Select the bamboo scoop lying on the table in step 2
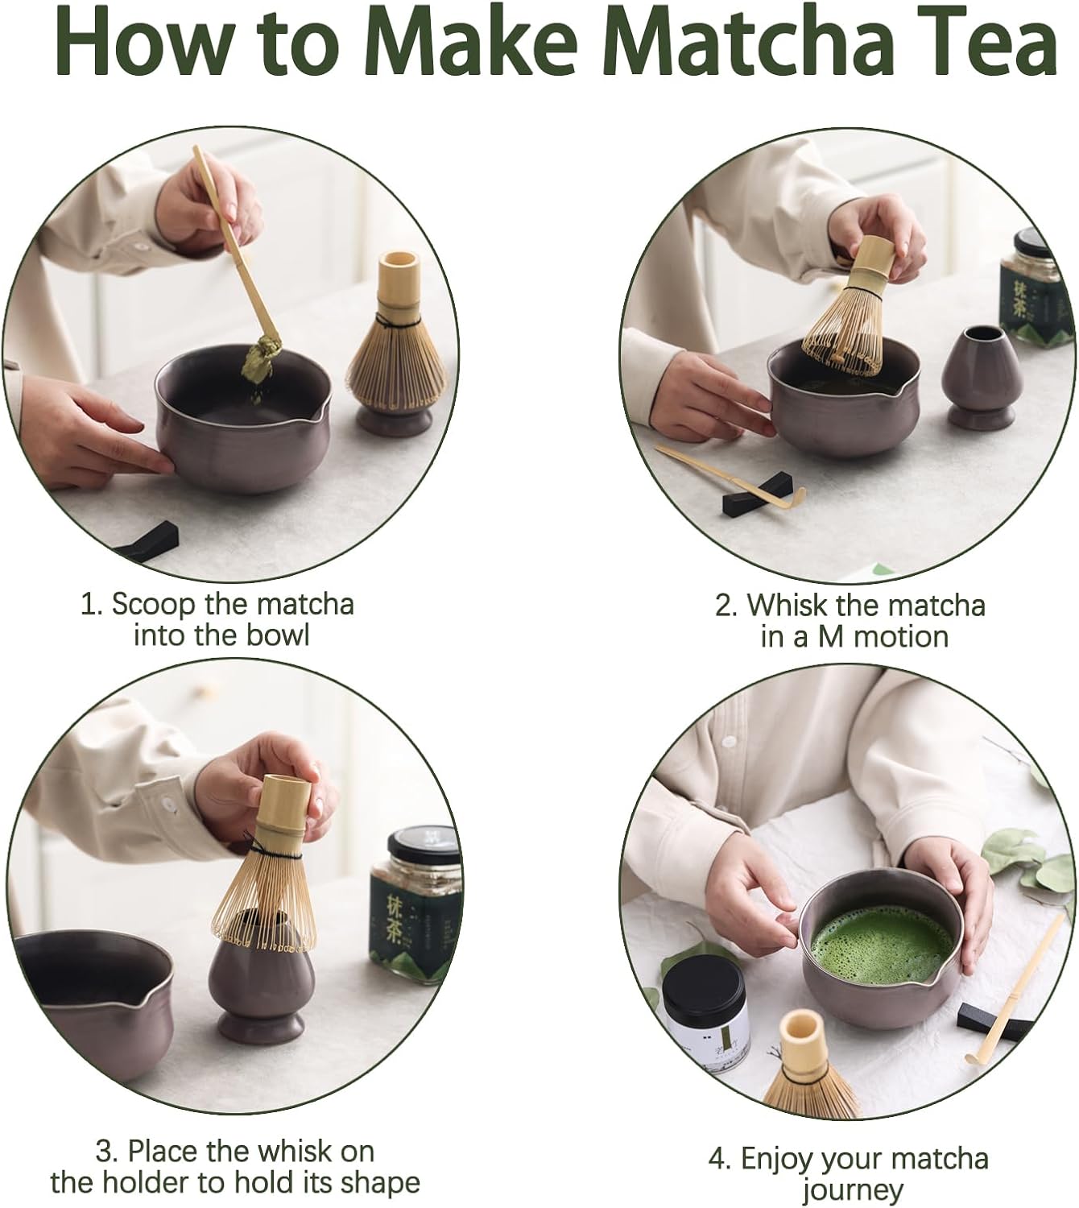point(725,475)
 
